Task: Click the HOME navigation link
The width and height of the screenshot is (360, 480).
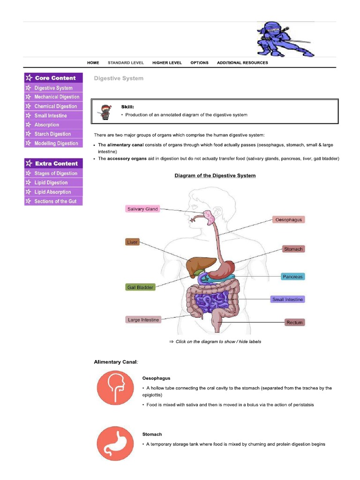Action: point(93,63)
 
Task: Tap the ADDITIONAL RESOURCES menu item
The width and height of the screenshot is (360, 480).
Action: point(242,63)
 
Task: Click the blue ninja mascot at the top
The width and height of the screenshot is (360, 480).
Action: point(279,39)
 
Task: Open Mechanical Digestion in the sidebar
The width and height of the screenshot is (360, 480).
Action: point(57,97)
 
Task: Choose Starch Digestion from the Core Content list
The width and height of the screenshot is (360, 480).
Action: point(52,134)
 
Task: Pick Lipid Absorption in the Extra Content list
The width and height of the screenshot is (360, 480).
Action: point(52,192)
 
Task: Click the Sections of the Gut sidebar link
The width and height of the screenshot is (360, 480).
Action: point(55,202)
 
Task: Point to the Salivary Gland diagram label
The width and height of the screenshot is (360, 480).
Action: point(142,209)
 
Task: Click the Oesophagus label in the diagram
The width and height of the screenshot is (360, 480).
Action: point(288,220)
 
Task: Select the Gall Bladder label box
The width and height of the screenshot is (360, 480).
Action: point(140,287)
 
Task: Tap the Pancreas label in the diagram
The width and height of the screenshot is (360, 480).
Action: point(292,277)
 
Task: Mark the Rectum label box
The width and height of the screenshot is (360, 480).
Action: point(295,322)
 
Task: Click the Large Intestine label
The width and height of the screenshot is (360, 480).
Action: point(143,320)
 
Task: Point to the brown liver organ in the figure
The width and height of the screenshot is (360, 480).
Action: point(199,267)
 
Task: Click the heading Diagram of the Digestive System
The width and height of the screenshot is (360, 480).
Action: point(215,176)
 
